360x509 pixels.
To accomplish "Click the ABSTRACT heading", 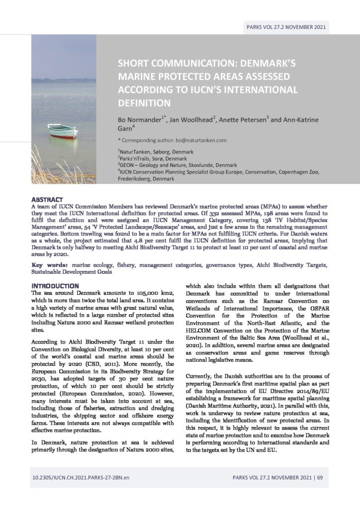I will [47, 199].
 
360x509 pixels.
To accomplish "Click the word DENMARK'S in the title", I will [270, 64].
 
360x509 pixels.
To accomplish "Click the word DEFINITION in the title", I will [144, 103].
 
